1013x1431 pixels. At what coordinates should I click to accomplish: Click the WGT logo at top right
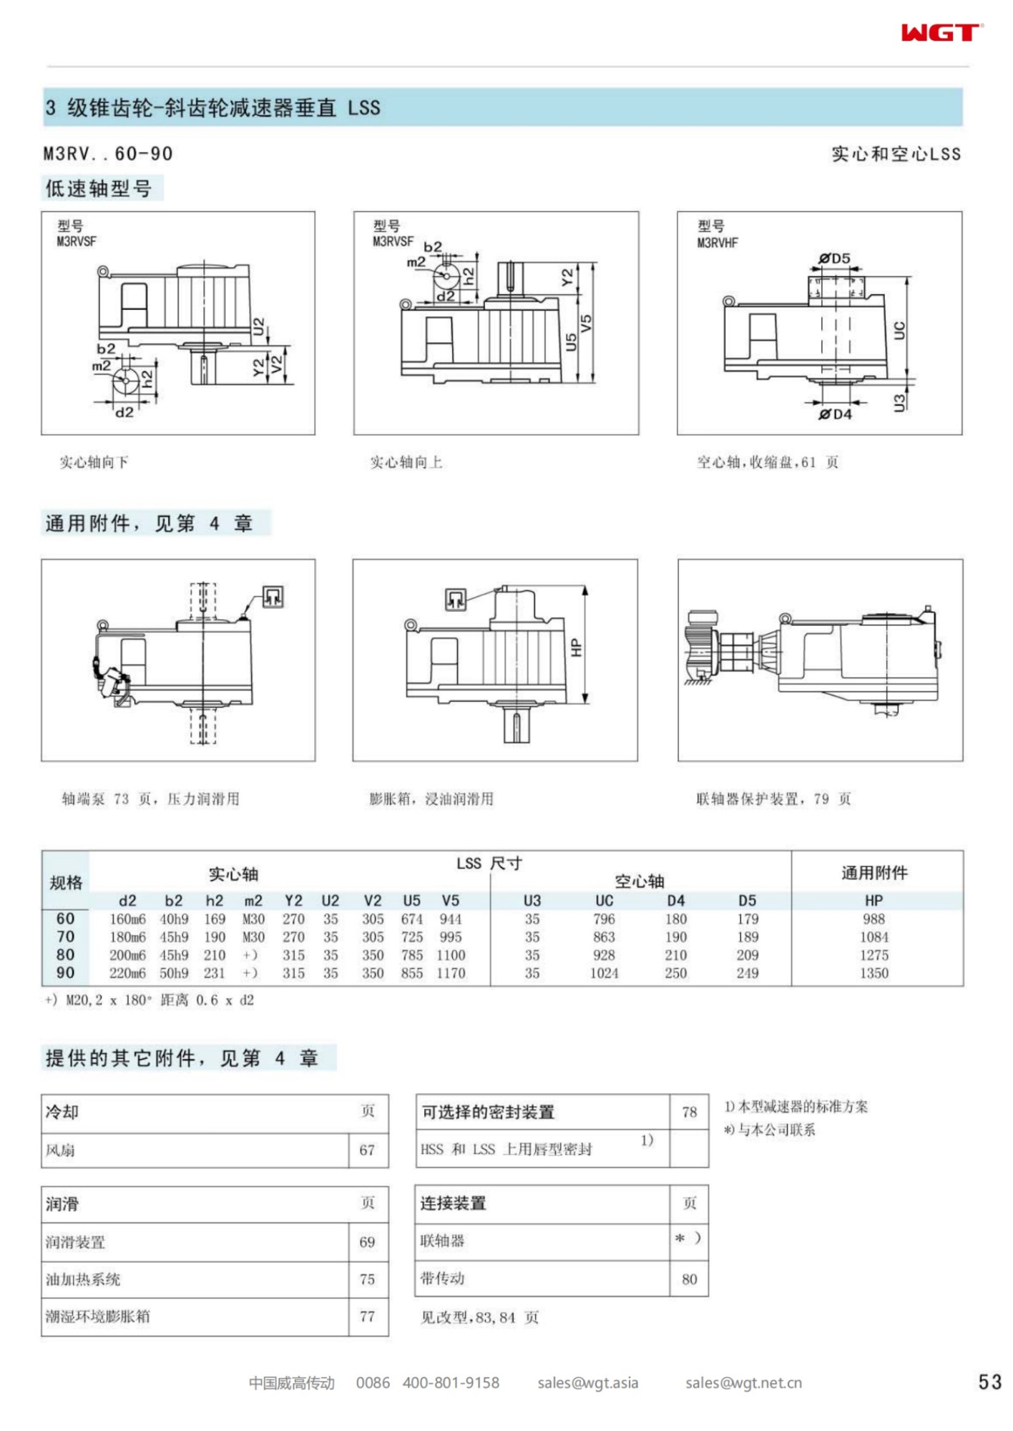(x=941, y=32)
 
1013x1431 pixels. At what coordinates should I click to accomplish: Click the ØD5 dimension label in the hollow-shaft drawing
(x=835, y=258)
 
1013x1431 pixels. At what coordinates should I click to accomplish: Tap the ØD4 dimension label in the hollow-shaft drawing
(x=835, y=414)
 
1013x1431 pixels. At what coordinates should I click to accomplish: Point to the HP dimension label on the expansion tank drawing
(x=577, y=648)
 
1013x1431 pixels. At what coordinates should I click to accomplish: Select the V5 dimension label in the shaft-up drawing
(x=586, y=323)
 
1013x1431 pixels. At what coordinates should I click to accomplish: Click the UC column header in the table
(x=604, y=901)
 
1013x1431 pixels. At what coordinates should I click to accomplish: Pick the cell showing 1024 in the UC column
(x=604, y=973)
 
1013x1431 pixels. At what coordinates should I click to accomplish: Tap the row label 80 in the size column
(x=65, y=954)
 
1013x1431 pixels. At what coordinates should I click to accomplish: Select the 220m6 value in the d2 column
(x=127, y=973)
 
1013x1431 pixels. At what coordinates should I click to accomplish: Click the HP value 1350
(x=873, y=973)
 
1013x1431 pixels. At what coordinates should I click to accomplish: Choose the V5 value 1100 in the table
(x=451, y=955)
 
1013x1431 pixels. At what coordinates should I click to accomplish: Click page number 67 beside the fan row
(x=367, y=1151)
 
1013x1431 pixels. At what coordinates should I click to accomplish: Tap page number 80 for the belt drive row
(x=689, y=1279)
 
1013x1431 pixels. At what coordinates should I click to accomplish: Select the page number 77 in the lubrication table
(x=367, y=1317)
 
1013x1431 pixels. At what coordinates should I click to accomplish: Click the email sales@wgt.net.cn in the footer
(x=743, y=1383)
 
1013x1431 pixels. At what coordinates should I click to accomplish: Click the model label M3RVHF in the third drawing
(x=717, y=243)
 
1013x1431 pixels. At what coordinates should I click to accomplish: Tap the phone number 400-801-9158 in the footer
(x=451, y=1383)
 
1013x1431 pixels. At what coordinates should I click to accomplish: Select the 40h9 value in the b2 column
(x=174, y=919)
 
